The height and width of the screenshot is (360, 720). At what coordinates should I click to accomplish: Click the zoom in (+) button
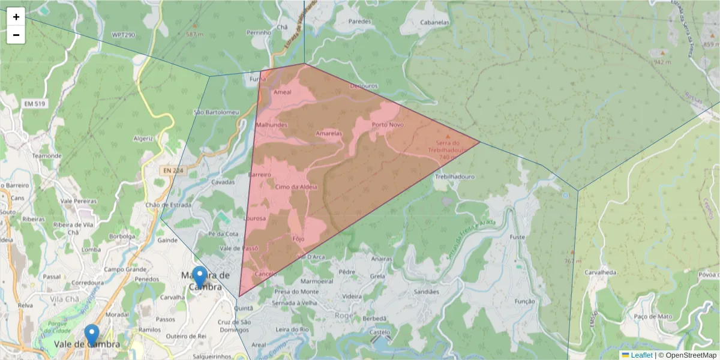pos(16,17)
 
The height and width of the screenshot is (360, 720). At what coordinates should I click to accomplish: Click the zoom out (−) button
pos(16,35)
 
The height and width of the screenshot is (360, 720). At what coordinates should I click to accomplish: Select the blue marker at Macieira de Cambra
pos(199,277)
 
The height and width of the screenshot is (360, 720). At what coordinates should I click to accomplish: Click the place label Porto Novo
pos(388,125)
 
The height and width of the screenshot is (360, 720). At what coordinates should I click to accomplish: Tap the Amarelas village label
pos(328,133)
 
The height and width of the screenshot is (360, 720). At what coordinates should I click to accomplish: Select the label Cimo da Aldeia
pos(296,187)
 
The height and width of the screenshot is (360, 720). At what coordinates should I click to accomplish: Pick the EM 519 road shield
pos(35,104)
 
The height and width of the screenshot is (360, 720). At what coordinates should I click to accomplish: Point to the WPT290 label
pos(124,35)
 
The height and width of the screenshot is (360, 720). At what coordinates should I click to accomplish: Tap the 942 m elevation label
pos(662,62)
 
